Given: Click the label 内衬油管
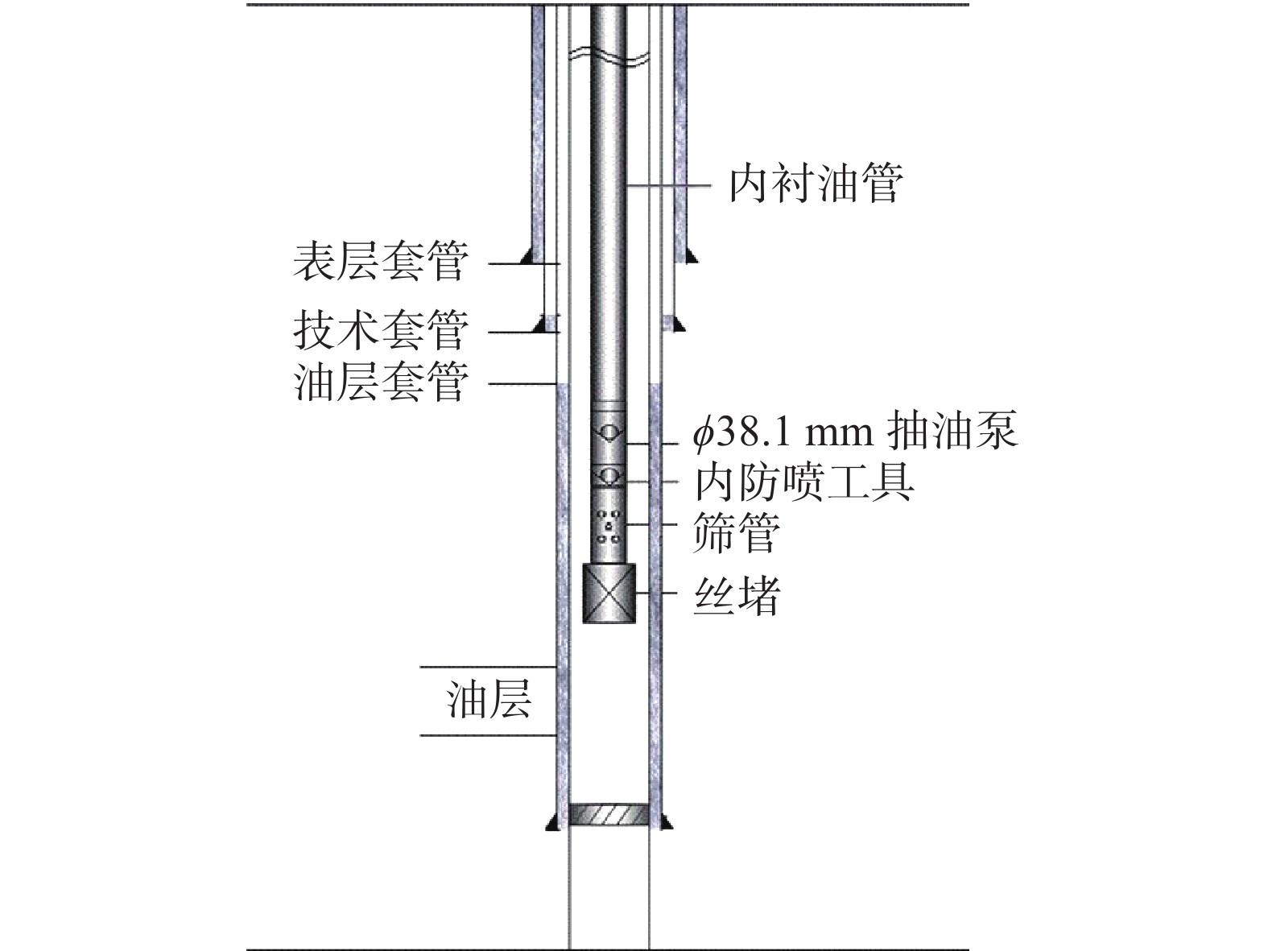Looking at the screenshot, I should (815, 184).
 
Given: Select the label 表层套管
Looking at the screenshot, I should (380, 262).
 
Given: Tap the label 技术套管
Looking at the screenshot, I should (380, 330).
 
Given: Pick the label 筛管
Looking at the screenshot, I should (737, 532).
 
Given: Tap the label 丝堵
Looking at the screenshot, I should (737, 597).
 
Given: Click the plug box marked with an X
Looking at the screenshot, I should (609, 593).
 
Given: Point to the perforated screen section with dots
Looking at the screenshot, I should (609, 525).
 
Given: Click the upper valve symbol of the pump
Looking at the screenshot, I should (609, 432).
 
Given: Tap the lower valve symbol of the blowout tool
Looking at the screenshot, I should (609, 477).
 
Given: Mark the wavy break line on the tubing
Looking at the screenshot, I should (609, 56).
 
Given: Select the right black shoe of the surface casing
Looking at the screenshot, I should (692, 255).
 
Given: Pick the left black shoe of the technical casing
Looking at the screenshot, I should (541, 325).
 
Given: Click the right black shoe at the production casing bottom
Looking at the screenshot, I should (667, 823).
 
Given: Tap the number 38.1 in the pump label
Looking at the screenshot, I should (756, 432).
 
